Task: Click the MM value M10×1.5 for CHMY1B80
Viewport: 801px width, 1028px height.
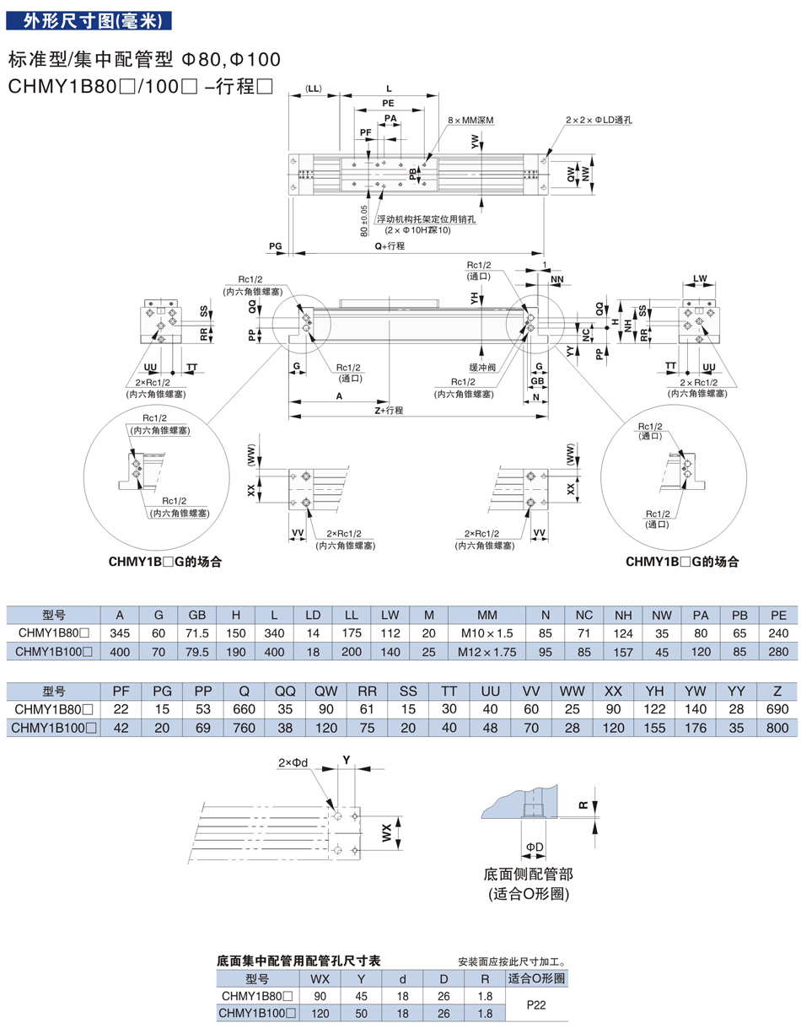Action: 488,632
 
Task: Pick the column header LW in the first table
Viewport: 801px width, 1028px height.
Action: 390,614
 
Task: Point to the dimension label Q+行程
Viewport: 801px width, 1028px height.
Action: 390,245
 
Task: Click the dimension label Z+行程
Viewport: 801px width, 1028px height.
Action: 389,410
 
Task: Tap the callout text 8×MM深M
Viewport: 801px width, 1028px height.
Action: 470,121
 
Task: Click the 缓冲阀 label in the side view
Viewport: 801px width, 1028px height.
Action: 483,367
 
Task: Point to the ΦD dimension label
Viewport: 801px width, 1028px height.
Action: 534,846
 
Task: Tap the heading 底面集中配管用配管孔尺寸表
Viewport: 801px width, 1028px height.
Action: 299,961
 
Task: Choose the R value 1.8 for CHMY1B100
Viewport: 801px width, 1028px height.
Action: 485,1013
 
